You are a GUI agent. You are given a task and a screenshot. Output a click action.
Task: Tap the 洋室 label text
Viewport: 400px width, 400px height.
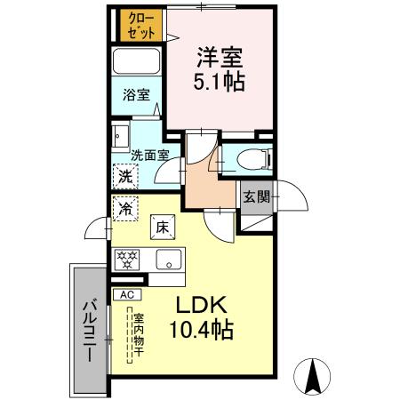point(219,56)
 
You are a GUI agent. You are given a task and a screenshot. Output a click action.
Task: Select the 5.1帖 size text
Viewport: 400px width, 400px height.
point(219,81)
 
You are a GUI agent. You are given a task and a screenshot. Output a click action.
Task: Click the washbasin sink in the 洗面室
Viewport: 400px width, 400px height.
point(120,136)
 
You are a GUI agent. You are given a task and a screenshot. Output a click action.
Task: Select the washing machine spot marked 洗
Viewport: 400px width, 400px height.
point(125,176)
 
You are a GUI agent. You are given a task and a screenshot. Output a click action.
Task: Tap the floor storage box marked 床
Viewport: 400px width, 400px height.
point(163,228)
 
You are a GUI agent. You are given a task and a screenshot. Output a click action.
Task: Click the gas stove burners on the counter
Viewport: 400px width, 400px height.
point(128,260)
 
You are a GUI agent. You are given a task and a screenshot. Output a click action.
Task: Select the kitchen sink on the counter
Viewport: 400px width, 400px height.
point(167,260)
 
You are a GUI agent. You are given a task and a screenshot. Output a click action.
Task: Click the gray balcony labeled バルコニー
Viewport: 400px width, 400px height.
point(89,329)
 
